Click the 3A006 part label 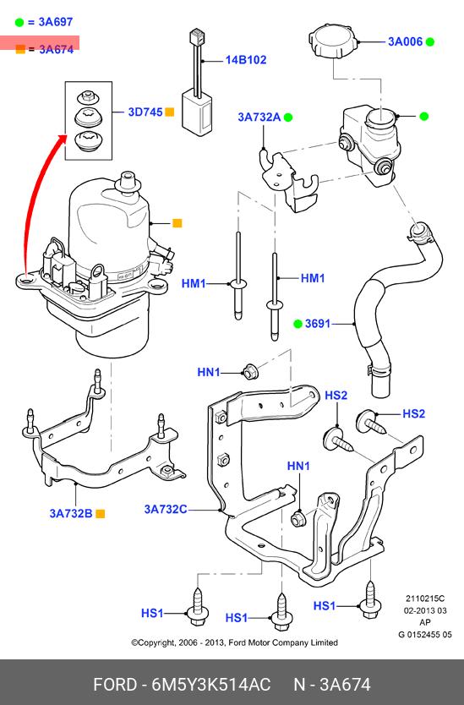[x=405, y=41]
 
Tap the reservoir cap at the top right [x=333, y=40]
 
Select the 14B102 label [x=246, y=60]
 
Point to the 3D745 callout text [x=145, y=112]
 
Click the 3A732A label [x=259, y=117]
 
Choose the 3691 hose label [x=318, y=323]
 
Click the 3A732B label [x=71, y=513]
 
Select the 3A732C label [x=165, y=509]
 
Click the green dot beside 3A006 [x=430, y=41]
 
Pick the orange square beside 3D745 [x=170, y=112]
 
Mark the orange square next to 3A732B [x=101, y=513]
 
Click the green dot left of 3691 [x=298, y=323]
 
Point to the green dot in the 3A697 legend [x=19, y=23]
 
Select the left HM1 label [x=194, y=284]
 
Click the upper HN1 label [x=209, y=372]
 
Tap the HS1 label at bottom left [x=152, y=613]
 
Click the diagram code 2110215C [x=425, y=598]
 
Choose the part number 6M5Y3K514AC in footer [x=211, y=685]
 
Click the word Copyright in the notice [x=156, y=643]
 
